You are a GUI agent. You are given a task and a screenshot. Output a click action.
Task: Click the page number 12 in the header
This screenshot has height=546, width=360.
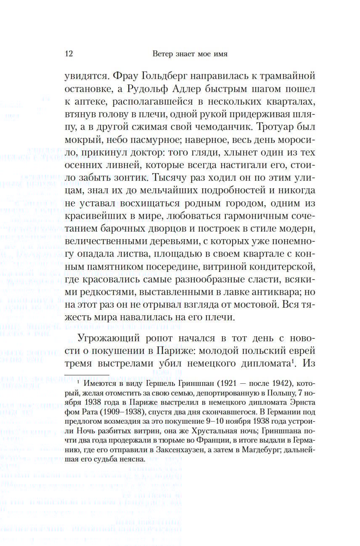69,54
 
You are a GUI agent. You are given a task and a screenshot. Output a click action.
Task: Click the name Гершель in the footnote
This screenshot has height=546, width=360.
163,384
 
